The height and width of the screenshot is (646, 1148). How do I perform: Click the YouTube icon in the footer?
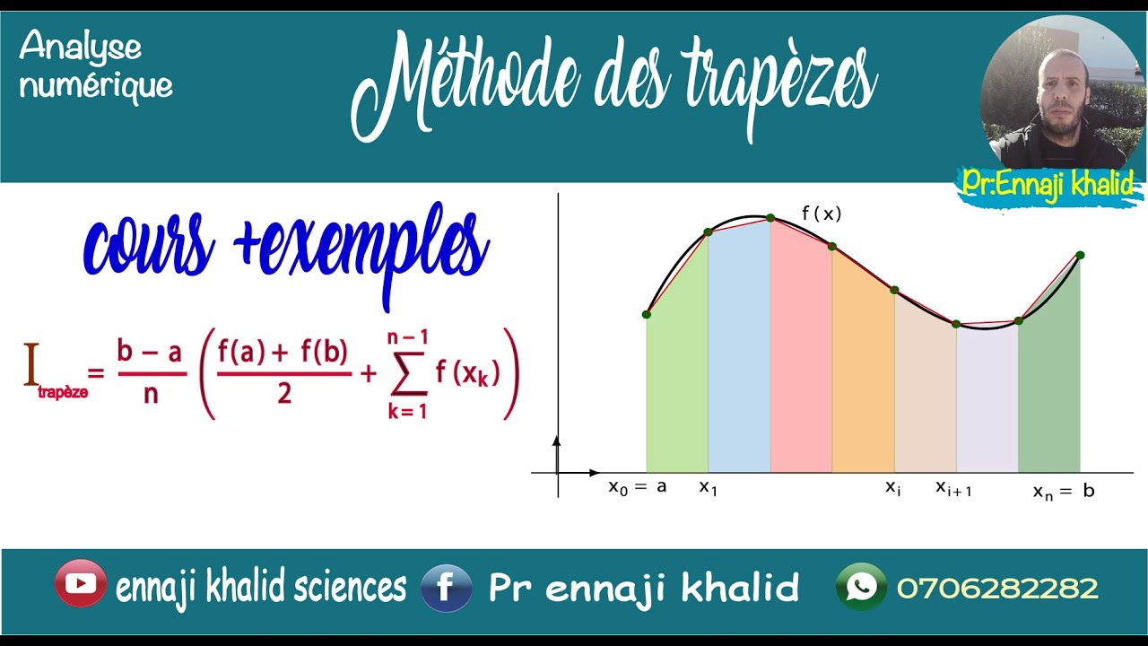pyautogui.click(x=80, y=584)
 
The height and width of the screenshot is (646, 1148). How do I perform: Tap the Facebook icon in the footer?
pyautogui.click(x=447, y=588)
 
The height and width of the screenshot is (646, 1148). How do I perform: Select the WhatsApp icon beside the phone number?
pyautogui.click(x=861, y=587)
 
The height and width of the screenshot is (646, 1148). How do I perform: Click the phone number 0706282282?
pyautogui.click(x=996, y=589)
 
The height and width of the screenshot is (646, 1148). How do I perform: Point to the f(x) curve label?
pyautogui.click(x=822, y=214)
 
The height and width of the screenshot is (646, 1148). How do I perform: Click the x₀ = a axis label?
pyautogui.click(x=638, y=487)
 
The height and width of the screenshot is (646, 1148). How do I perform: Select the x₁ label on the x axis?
pyautogui.click(x=709, y=487)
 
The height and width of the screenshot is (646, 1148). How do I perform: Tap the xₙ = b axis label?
pyautogui.click(x=1064, y=491)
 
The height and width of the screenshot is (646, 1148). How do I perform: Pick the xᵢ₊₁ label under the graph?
pyautogui.click(x=953, y=488)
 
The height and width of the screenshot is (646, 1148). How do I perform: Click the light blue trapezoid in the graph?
pyautogui.click(x=739, y=359)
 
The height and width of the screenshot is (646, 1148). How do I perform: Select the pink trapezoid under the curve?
pyautogui.click(x=801, y=359)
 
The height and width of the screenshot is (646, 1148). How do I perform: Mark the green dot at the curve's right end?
pyautogui.click(x=1080, y=256)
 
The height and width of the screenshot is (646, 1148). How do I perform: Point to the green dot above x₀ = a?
pyautogui.click(x=647, y=314)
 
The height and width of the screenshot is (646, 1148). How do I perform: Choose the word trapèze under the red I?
pyautogui.click(x=63, y=393)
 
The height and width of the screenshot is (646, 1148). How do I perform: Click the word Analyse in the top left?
pyautogui.click(x=80, y=47)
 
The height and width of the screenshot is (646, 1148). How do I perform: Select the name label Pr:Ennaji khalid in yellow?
pyautogui.click(x=1047, y=184)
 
